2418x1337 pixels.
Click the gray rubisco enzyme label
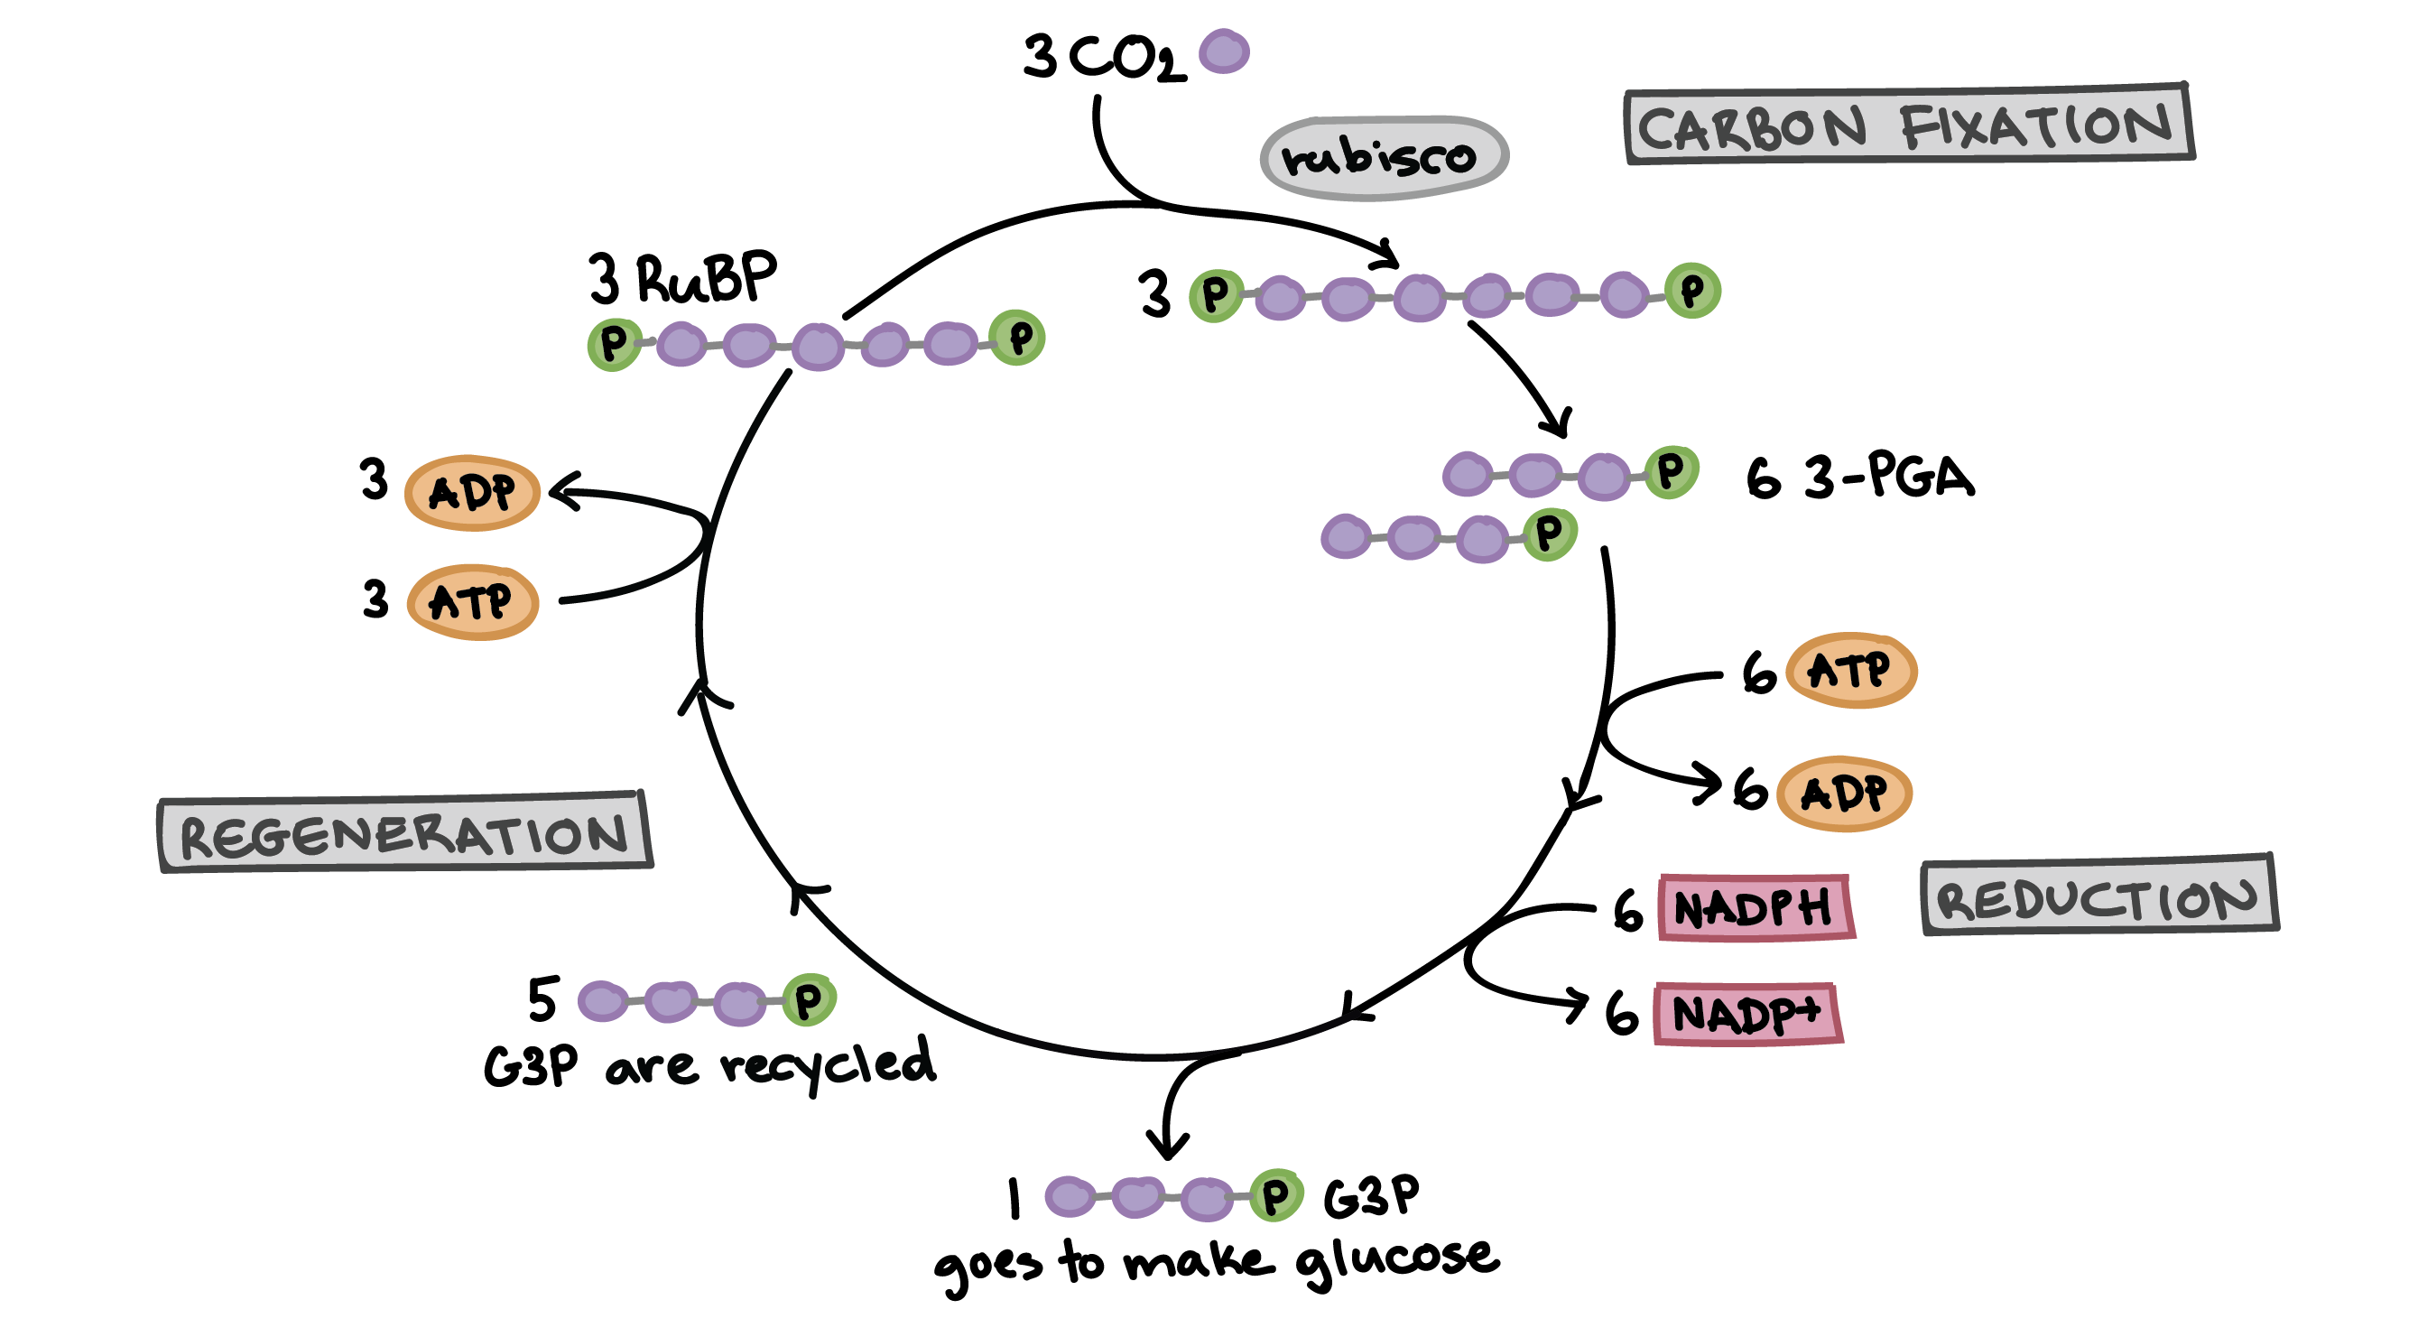pos(1384,158)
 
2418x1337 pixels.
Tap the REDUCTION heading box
pos(2098,896)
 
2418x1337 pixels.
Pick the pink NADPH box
pos(1755,907)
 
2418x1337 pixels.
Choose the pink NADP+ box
pos(1746,1014)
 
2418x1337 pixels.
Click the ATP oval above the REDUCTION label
pos(1850,671)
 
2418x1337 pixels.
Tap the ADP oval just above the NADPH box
pos(1844,794)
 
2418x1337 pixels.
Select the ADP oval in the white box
pos(472,492)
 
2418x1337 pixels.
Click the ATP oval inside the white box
pos(472,602)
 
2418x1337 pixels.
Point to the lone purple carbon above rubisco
pos(1224,51)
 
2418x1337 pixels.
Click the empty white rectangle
pos(416,306)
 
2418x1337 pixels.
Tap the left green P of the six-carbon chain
pos(1216,295)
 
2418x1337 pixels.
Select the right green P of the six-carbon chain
pos(1692,290)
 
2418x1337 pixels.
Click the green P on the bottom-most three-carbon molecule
pos(1275,1195)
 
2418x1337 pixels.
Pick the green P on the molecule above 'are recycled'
pos(808,1000)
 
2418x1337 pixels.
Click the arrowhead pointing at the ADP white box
pos(560,490)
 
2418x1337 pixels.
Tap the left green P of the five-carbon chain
pos(614,344)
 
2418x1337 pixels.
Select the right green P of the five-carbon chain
pos(1018,337)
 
